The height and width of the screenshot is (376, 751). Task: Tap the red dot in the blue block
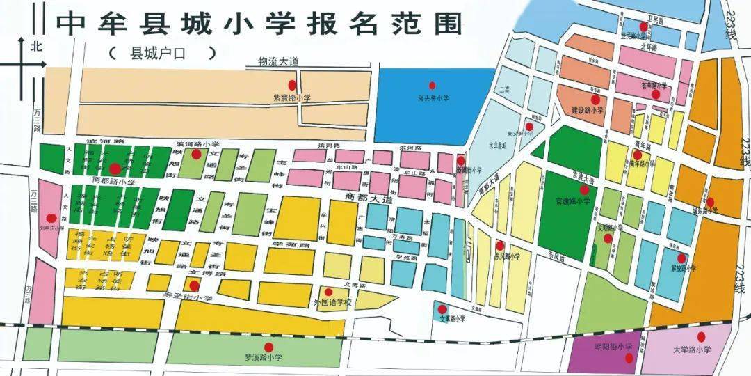click(x=432, y=86)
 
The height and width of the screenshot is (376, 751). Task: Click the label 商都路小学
click(x=114, y=181)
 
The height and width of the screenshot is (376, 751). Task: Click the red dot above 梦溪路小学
click(x=268, y=347)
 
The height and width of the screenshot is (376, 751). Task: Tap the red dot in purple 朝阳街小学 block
click(x=628, y=359)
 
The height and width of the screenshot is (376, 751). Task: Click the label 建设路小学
click(x=588, y=110)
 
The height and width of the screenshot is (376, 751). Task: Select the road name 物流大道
click(x=277, y=61)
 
